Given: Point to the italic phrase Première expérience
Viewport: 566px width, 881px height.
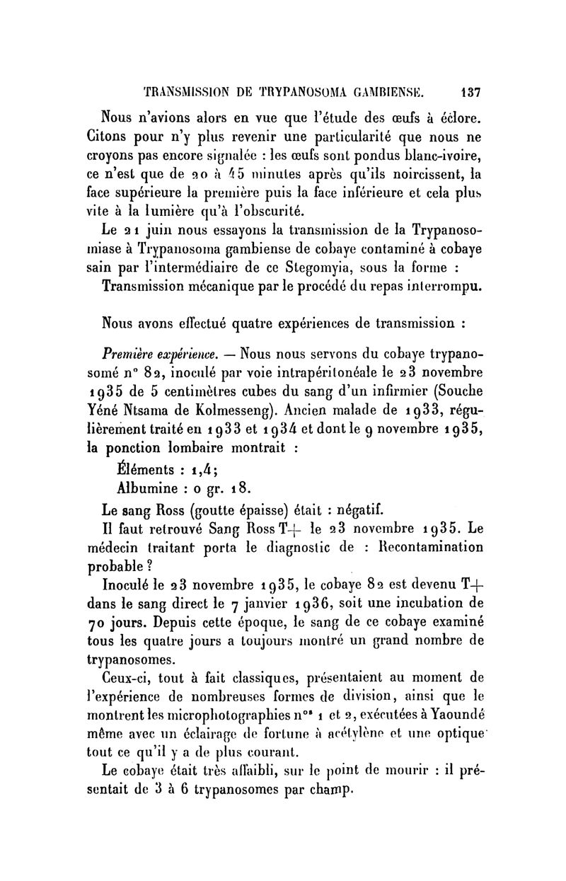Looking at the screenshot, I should coord(157,352).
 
